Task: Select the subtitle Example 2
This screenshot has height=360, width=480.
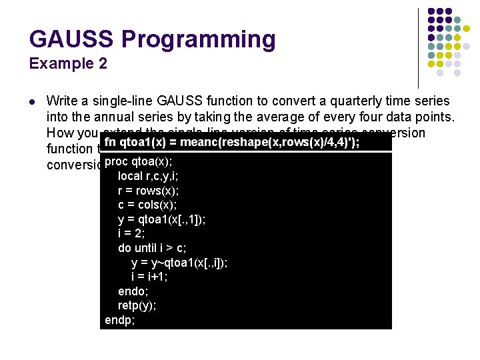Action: [68, 64]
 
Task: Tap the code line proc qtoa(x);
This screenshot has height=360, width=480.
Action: [139, 161]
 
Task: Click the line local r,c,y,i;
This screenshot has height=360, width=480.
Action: [147, 176]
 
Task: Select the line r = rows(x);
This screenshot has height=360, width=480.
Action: [148, 190]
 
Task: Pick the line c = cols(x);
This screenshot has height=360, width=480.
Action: [147, 205]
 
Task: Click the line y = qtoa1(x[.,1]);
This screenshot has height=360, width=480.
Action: [161, 219]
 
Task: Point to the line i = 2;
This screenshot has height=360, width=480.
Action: [131, 233]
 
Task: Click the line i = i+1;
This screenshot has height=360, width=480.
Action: [149, 277]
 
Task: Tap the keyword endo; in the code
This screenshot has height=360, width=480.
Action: [133, 291]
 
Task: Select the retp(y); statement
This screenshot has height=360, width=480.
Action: [137, 306]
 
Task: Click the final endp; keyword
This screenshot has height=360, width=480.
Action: [120, 320]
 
